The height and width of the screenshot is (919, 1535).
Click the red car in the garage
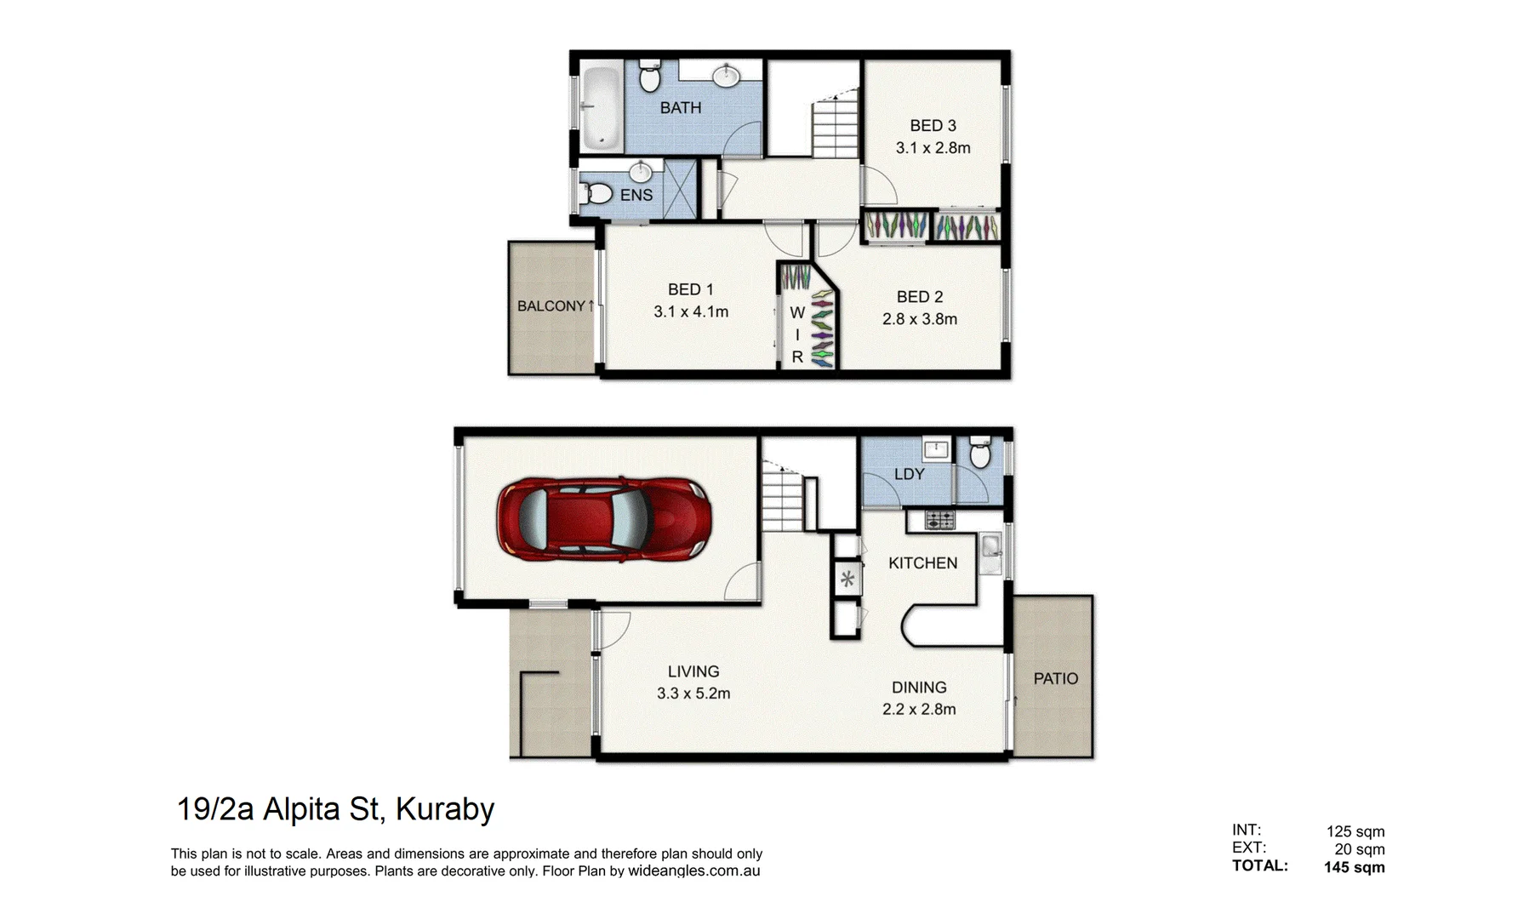pyautogui.click(x=603, y=519)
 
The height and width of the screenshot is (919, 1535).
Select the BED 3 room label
pyautogui.click(x=933, y=126)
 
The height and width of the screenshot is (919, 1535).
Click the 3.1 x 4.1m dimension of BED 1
pyautogui.click(x=691, y=312)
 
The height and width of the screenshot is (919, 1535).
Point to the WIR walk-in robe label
pyautogui.click(x=797, y=334)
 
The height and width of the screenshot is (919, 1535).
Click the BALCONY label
pyautogui.click(x=551, y=306)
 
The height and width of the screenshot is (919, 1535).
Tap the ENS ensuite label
pyautogui.click(x=636, y=195)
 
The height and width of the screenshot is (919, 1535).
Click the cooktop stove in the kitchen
pyautogui.click(x=940, y=519)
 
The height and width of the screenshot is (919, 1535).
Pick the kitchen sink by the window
pyautogui.click(x=990, y=552)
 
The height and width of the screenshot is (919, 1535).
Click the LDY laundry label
pyautogui.click(x=909, y=474)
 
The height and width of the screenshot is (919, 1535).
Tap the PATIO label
pyautogui.click(x=1055, y=679)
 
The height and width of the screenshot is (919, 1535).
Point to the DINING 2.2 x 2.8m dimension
pyautogui.click(x=919, y=710)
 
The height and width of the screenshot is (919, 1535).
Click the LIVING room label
pyautogui.click(x=693, y=671)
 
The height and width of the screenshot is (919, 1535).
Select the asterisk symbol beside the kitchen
pyautogui.click(x=847, y=580)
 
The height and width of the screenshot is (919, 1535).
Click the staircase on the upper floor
pyautogui.click(x=836, y=128)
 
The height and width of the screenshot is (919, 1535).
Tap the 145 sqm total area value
pyautogui.click(x=1354, y=867)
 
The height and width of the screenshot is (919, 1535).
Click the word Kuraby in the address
pyautogui.click(x=445, y=808)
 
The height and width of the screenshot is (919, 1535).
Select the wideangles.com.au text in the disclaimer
pyautogui.click(x=693, y=871)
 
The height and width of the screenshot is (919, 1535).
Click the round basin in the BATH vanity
pyautogui.click(x=726, y=77)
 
